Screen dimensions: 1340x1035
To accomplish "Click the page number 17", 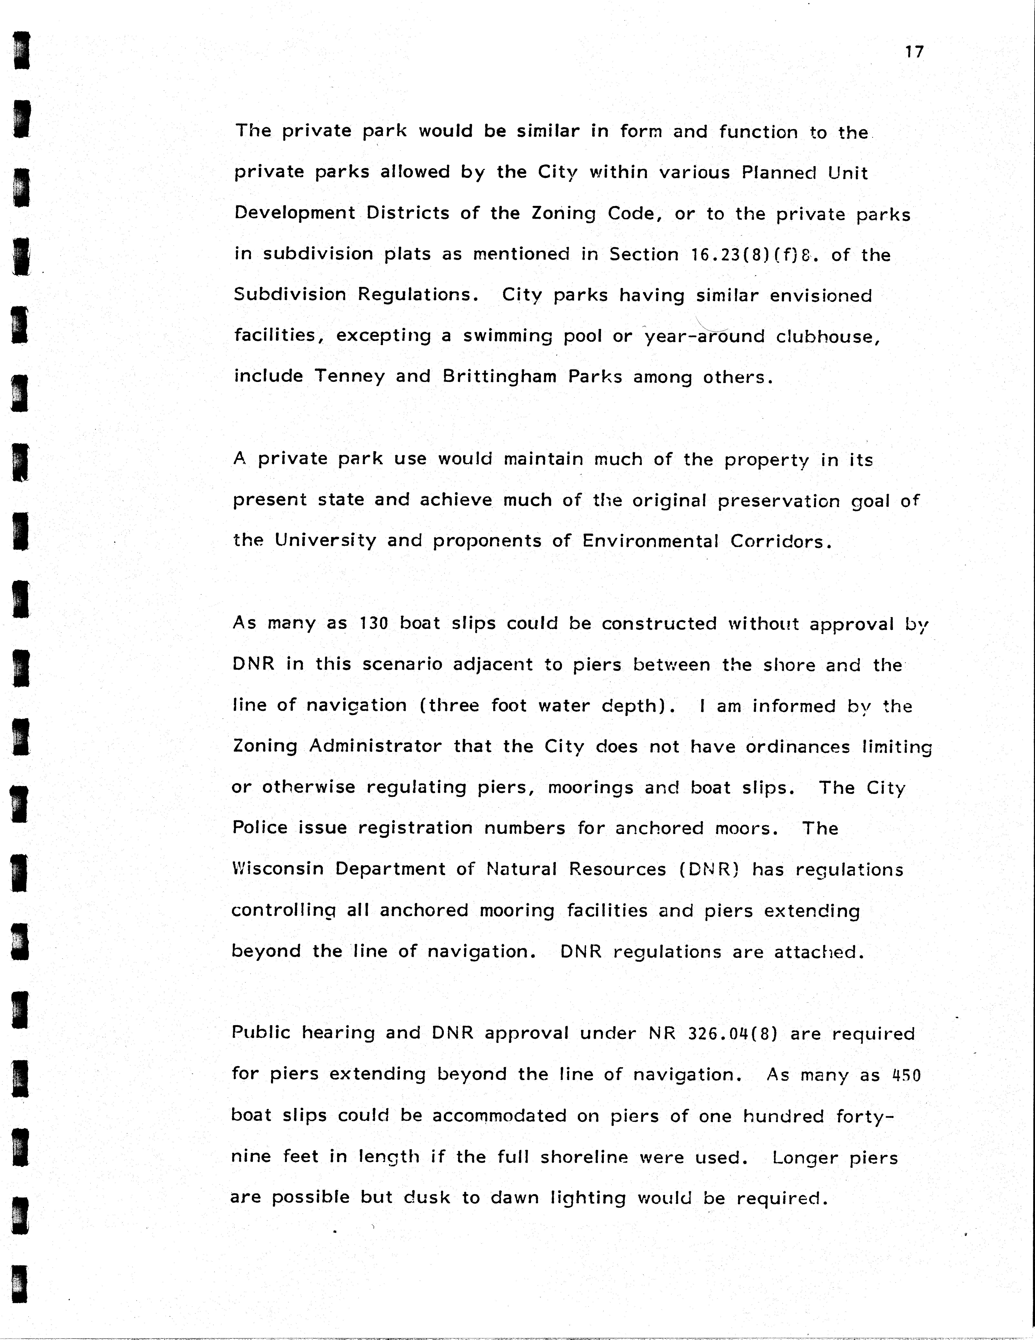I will point(914,52).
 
